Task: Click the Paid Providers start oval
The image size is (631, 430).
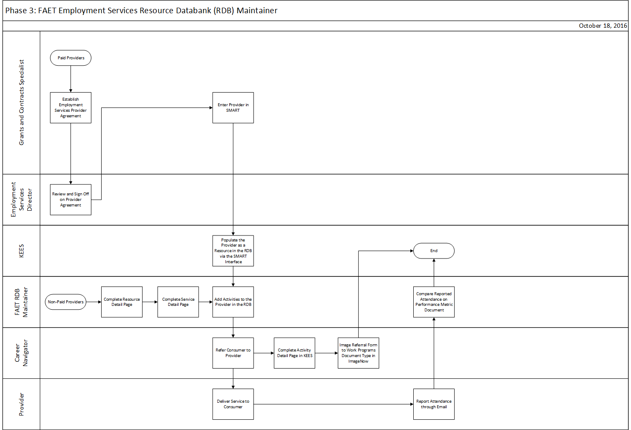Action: [x=70, y=58]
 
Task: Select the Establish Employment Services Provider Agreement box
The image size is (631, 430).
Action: [x=70, y=107]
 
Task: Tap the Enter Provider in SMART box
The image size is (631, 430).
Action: [x=233, y=107]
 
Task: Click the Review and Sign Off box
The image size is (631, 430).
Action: [x=70, y=199]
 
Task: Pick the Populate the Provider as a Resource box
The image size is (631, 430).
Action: [x=233, y=251]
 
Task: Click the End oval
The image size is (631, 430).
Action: [x=433, y=251]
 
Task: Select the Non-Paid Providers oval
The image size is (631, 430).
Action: [x=66, y=302]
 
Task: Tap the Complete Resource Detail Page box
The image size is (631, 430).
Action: [x=122, y=302]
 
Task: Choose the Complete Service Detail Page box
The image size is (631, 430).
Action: [x=178, y=302]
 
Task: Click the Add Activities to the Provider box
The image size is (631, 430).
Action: [x=233, y=302]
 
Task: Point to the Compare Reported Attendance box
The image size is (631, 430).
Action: [x=433, y=302]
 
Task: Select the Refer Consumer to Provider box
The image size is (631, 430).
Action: [x=233, y=353]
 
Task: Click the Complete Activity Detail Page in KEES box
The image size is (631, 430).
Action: [x=294, y=353]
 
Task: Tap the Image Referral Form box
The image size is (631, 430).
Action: [x=358, y=353]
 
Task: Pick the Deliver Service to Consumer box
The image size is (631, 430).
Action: [x=233, y=404]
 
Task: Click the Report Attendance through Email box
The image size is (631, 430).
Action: [x=433, y=404]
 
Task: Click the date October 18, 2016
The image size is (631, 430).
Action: [x=602, y=26]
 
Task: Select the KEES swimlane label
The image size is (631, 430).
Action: [x=21, y=251]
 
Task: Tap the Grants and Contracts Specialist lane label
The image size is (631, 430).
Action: [x=21, y=102]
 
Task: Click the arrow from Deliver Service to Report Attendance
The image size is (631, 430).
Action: [x=333, y=404]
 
